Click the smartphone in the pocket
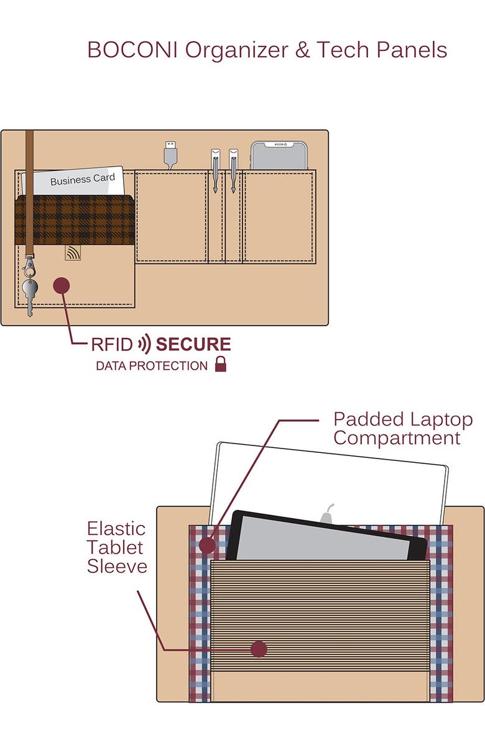[x=279, y=155]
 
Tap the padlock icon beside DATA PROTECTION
[x=221, y=365]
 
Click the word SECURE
[x=193, y=345]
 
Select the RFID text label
[x=112, y=345]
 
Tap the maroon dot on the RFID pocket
[x=61, y=285]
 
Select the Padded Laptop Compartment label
[x=402, y=429]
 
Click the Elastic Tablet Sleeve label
[x=116, y=547]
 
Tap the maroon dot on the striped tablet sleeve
[x=259, y=649]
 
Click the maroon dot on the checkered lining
[x=207, y=545]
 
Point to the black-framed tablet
[x=323, y=537]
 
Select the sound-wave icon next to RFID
[x=144, y=345]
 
